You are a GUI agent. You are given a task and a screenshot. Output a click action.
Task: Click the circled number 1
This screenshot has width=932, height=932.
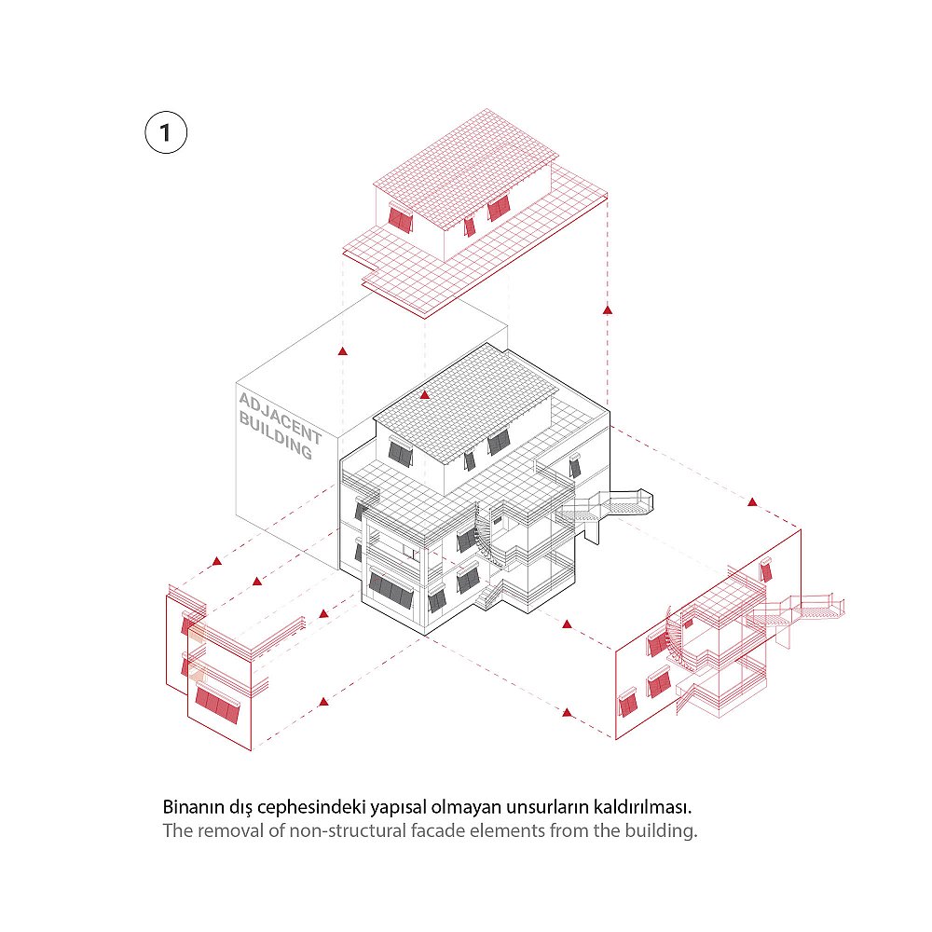(x=166, y=132)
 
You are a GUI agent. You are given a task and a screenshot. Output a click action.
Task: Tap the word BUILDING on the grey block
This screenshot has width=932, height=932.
(x=275, y=436)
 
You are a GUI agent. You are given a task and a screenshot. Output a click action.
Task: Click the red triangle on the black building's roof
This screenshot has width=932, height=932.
(x=424, y=394)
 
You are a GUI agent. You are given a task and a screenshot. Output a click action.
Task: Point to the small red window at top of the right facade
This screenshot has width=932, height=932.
(x=766, y=569)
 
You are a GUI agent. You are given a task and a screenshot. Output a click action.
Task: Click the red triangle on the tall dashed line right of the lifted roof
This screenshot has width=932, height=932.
(x=608, y=309)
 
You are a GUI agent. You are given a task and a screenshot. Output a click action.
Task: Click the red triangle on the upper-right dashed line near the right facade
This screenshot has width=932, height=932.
(x=752, y=502)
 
